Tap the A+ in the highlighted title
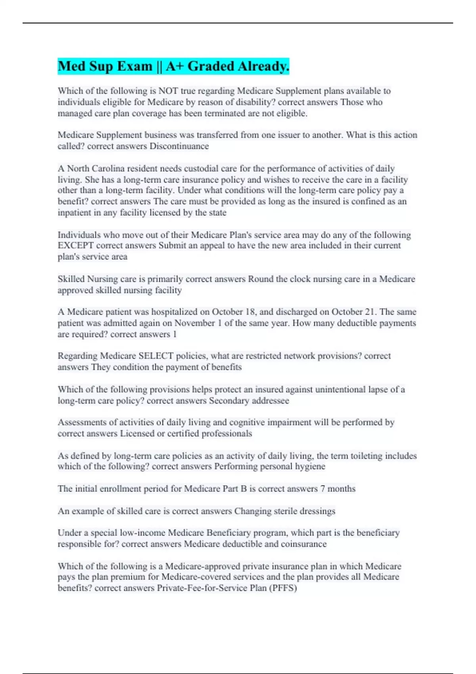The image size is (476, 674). coord(175,66)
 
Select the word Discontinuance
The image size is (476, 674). coord(179,146)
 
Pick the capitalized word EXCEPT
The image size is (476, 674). coord(75,245)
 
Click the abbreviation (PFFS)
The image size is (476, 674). coord(283,588)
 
